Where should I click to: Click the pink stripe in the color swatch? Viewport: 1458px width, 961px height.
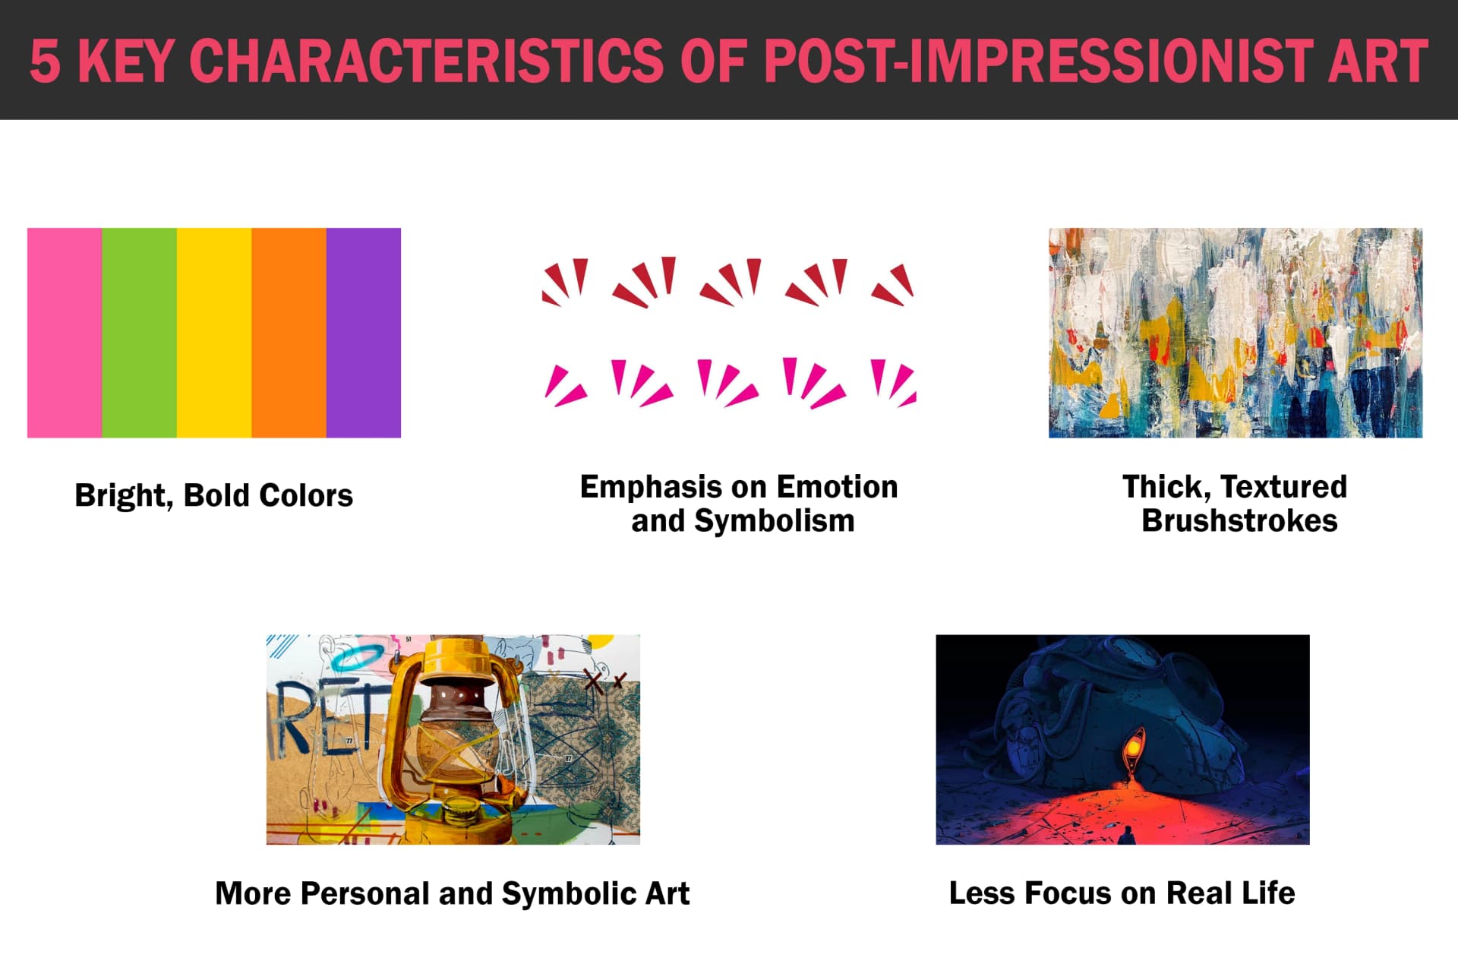coord(65,333)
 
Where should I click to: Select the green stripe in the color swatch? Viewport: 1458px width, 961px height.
coord(139,333)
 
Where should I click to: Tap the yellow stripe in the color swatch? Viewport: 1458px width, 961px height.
coord(214,333)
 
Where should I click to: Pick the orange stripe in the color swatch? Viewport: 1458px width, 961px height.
coord(289,333)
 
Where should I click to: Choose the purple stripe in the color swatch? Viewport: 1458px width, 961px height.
coord(364,333)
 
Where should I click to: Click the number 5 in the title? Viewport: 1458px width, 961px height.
coord(45,61)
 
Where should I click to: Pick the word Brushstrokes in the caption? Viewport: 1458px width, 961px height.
coord(1239,521)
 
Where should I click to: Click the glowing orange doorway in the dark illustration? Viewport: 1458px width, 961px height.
coord(1133,748)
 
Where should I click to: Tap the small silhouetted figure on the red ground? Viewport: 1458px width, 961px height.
coord(1127,834)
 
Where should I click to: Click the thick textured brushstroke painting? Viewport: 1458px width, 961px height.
coord(1236,333)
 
